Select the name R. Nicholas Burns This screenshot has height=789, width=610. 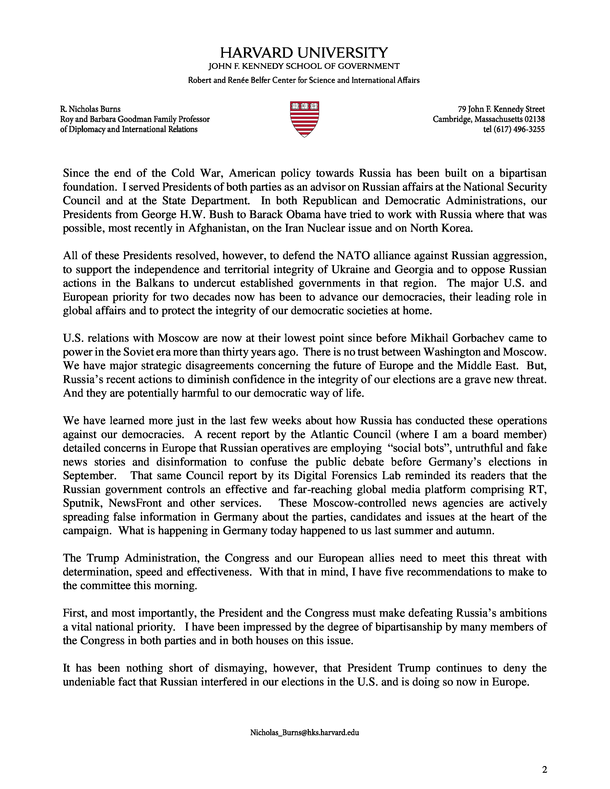[x=90, y=109]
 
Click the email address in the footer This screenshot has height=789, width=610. [x=305, y=733]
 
